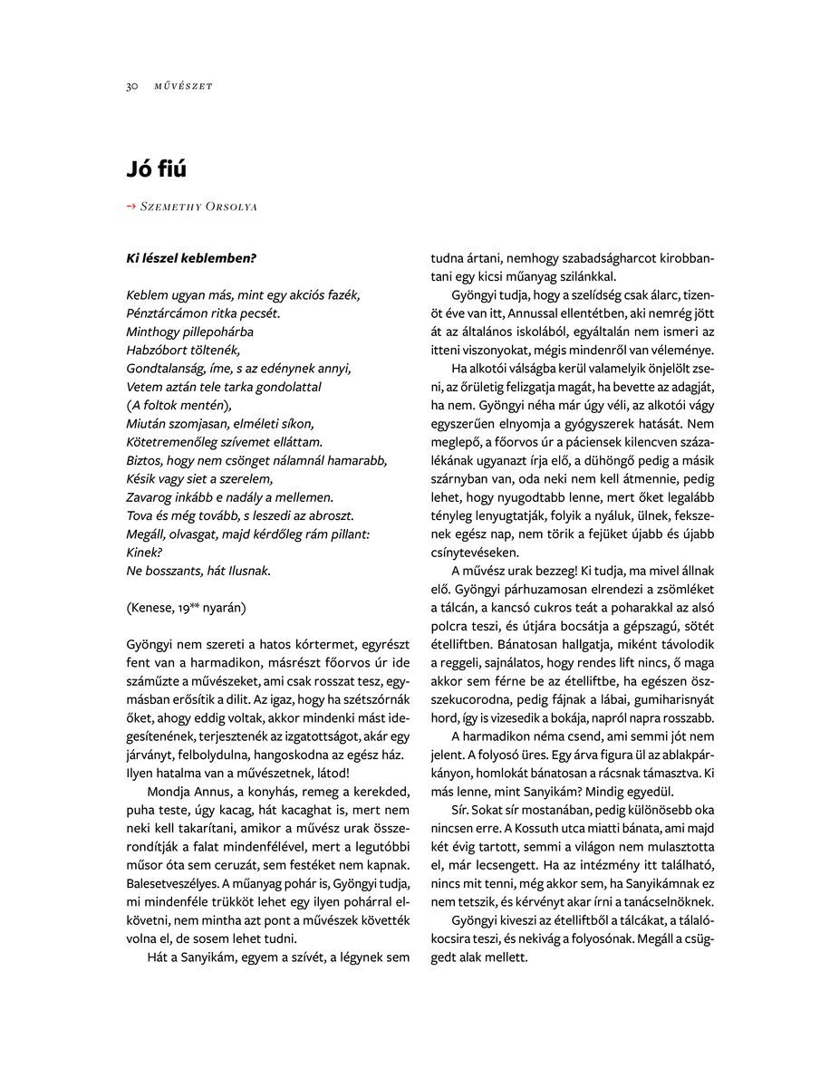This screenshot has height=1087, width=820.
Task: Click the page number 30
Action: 131,86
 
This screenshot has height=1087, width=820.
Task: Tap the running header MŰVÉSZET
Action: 183,86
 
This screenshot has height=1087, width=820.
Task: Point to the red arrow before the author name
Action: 131,207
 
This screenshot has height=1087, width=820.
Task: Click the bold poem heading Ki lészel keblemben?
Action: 191,258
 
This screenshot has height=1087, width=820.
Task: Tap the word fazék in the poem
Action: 342,295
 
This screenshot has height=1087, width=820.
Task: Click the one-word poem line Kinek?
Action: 144,552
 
